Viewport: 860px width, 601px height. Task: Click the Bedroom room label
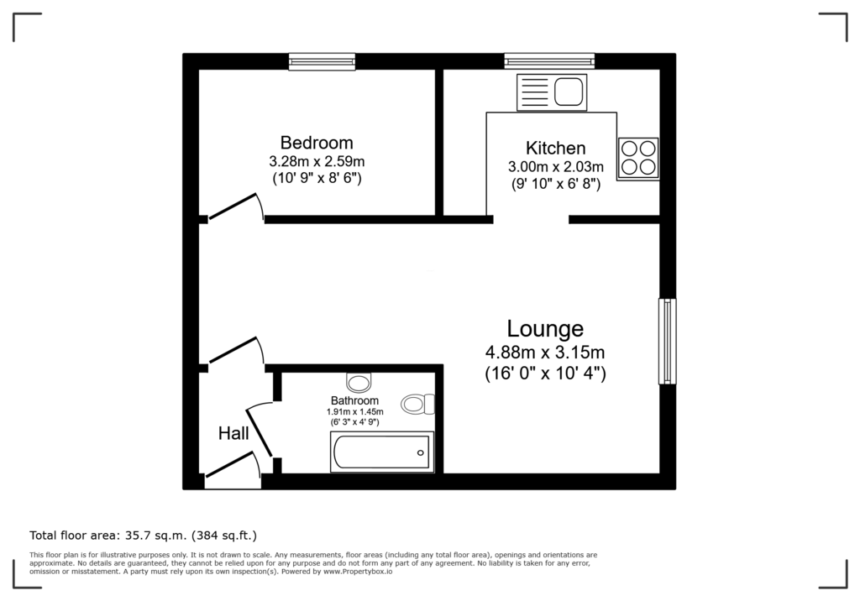[x=317, y=143]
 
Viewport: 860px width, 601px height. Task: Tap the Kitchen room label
[x=555, y=148]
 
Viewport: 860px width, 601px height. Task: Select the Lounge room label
[x=545, y=328]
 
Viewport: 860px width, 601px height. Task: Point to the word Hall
[x=233, y=433]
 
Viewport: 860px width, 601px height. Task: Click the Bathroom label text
[x=354, y=400]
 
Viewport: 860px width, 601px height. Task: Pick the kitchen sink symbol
[x=552, y=91]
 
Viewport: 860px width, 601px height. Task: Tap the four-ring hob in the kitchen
[x=637, y=157]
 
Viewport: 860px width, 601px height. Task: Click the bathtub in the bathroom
[x=382, y=453]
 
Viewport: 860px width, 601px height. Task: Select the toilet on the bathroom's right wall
[x=417, y=405]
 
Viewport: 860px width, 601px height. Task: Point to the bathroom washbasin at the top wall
[x=359, y=383]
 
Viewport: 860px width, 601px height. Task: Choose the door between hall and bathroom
[x=260, y=429]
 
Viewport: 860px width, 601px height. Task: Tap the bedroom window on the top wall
[x=322, y=61]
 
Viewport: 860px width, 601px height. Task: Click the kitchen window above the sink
[x=549, y=61]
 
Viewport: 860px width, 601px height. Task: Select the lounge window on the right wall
[x=668, y=341]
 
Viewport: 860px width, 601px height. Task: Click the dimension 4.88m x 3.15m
[x=545, y=352]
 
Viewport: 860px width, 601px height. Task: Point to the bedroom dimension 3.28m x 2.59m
[x=317, y=161]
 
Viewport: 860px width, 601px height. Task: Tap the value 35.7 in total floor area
[x=140, y=534]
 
